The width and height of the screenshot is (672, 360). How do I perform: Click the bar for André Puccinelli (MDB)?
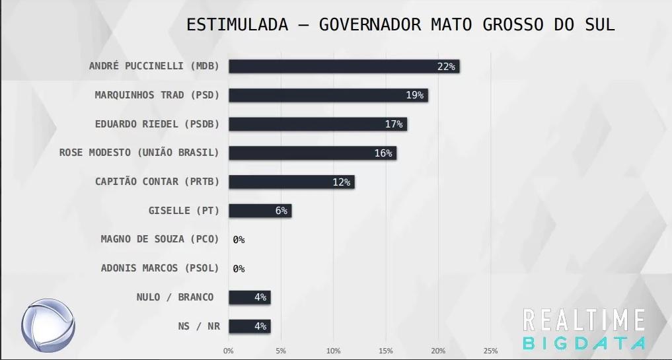(344, 66)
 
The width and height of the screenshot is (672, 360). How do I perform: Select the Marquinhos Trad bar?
(328, 95)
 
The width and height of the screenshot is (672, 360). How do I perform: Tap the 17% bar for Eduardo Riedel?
(317, 124)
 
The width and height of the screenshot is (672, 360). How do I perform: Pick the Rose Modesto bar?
(312, 153)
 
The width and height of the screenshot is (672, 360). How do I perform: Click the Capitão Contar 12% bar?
(291, 182)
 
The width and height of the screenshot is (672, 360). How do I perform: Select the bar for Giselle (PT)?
(260, 211)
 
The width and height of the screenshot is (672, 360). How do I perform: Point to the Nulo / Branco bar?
(249, 297)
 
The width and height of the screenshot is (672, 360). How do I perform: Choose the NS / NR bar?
(249, 326)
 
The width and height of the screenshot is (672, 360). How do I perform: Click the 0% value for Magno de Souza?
(239, 240)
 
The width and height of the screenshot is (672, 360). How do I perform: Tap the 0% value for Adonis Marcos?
(239, 269)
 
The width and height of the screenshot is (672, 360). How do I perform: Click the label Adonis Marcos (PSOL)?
(159, 268)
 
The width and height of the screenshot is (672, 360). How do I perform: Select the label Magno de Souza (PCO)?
(159, 239)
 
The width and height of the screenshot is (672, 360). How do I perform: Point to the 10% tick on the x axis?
(333, 351)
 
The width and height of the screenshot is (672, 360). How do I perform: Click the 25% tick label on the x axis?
(490, 351)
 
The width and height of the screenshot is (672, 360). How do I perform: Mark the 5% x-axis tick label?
(281, 351)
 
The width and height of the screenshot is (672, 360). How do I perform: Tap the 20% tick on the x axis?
(438, 351)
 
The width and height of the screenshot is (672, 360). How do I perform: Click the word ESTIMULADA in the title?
(237, 25)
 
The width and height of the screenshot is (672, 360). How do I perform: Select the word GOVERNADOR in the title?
(369, 25)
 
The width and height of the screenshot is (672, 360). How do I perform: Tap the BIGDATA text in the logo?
(583, 343)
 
